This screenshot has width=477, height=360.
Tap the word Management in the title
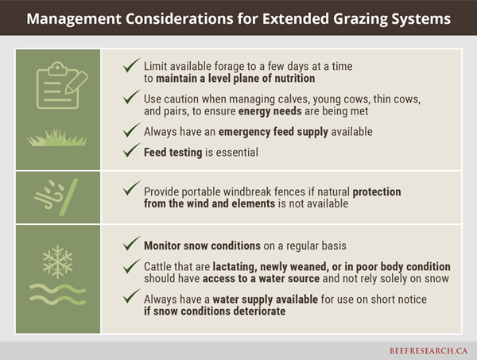click(x=74, y=19)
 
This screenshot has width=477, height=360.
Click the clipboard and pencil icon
click(x=62, y=86)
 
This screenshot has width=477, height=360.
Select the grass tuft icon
click(x=57, y=137)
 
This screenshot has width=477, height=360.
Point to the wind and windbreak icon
click(x=56, y=197)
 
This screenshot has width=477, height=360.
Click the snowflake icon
click(x=57, y=262)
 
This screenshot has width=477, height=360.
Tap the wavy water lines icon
click(x=57, y=294)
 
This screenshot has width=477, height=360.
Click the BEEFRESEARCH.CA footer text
click(x=429, y=350)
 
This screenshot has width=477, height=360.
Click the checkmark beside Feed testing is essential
click(x=132, y=150)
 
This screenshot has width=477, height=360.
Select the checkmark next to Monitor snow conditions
click(x=132, y=243)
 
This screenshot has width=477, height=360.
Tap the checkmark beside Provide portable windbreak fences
click(x=132, y=188)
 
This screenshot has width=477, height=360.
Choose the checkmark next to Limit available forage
click(x=132, y=65)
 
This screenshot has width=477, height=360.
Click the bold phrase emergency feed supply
click(x=273, y=132)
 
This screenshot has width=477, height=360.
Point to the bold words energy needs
click(x=270, y=111)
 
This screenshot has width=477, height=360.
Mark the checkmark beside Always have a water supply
click(x=132, y=296)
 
